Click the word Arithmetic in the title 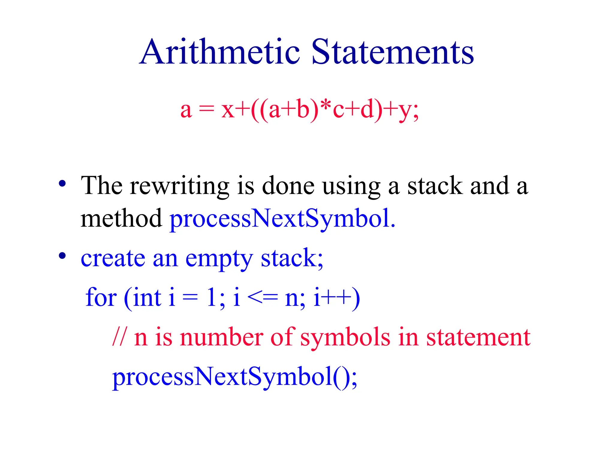coord(220,52)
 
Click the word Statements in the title coord(392,52)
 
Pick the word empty coord(219,259)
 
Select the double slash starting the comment coord(119,337)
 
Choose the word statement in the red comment coord(478,337)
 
